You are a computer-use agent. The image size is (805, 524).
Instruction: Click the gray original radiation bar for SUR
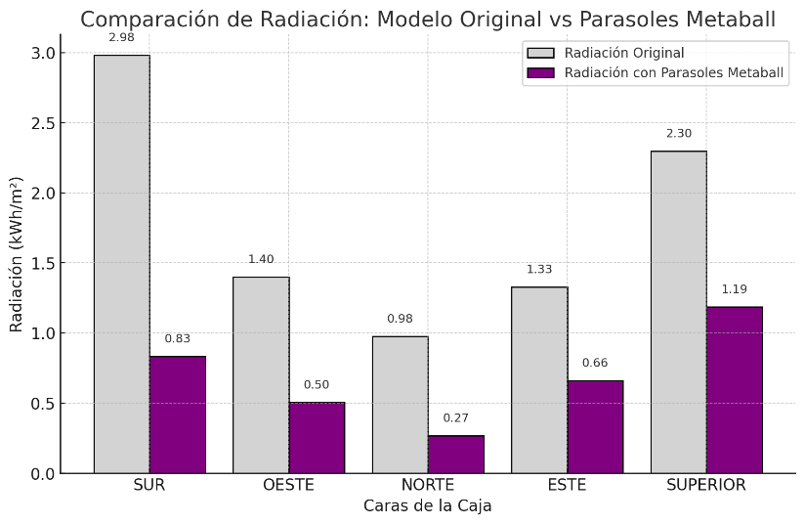121,264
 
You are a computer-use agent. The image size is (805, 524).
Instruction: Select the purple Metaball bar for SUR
177,415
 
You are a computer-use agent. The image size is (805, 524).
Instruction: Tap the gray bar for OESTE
261,374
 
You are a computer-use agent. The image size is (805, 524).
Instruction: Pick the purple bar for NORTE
455,455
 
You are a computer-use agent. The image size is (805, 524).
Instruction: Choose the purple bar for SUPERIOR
734,390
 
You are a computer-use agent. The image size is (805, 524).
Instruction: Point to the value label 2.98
122,37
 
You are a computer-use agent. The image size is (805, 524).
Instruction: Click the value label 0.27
455,418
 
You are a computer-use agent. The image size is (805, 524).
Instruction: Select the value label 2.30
678,134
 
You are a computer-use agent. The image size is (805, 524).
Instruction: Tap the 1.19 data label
735,289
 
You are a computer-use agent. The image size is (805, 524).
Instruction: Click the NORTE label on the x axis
428,485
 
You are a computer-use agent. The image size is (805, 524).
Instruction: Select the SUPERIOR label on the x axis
706,485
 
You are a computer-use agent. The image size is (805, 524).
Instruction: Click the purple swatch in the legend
540,72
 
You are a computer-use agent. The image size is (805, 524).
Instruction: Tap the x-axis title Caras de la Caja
428,506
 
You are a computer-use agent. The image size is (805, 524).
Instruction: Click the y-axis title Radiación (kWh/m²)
17,254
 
